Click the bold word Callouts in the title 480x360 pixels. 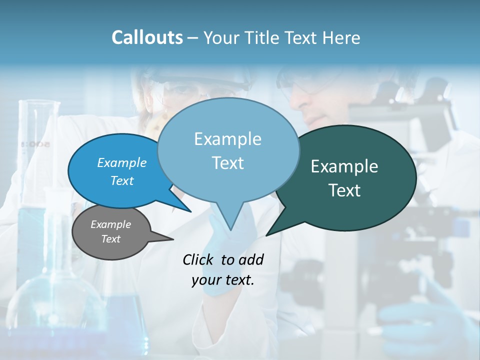pos(147,37)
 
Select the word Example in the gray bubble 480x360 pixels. pos(110,224)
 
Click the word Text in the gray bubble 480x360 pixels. pos(110,239)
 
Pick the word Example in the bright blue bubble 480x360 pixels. pos(121,162)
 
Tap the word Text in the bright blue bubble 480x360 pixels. pos(121,180)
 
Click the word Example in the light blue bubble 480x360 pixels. pos(227,139)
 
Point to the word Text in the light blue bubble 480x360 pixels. pos(227,163)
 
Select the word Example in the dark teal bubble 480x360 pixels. pos(344,166)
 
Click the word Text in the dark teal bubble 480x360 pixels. pos(344,190)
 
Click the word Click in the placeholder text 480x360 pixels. pos(198,259)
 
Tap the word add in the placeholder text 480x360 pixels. pos(251,259)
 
